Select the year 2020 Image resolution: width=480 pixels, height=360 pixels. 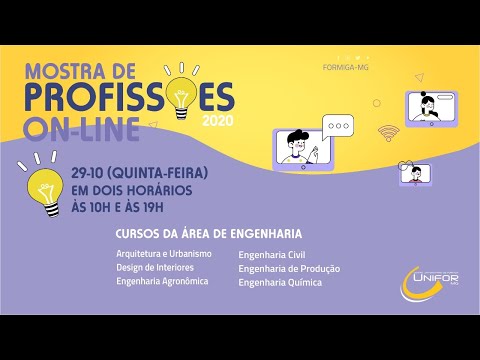[x=244, y=121]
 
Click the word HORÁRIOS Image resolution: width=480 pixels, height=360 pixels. [x=157, y=190]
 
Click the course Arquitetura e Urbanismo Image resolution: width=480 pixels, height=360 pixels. [x=163, y=254]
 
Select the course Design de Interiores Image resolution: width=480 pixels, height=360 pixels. [x=155, y=268]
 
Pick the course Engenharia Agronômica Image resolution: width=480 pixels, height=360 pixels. [x=162, y=282]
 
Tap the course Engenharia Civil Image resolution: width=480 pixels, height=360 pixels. [x=274, y=254]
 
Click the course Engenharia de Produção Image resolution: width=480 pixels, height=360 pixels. [x=289, y=268]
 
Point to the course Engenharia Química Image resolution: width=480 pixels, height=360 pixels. [x=280, y=282]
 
